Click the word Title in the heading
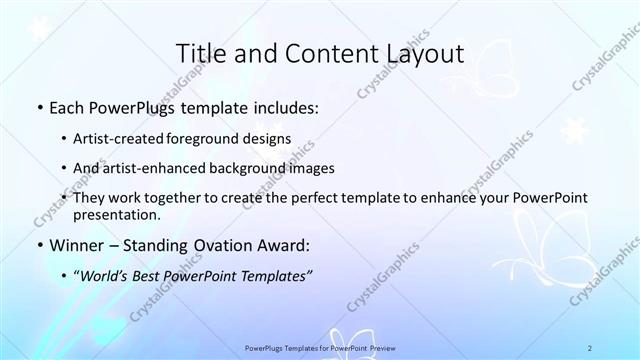pos(200,54)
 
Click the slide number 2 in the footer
pos(590,347)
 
